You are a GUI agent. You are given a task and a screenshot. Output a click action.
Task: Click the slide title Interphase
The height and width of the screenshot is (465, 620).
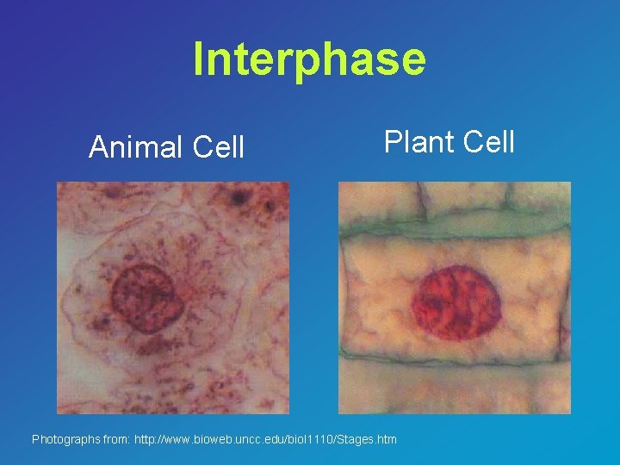309,59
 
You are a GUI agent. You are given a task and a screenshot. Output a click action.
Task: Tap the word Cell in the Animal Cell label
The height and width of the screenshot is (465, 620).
219,147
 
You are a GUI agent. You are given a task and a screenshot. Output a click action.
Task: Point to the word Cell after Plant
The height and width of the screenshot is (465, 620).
488,141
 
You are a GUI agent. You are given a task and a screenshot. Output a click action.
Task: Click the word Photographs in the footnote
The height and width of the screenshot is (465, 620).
65,440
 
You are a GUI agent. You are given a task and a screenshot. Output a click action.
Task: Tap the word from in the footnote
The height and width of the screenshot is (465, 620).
115,440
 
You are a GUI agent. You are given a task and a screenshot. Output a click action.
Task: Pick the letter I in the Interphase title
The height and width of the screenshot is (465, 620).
199,59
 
